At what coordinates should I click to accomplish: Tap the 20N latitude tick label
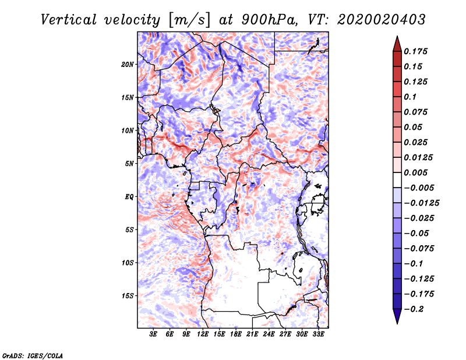128,64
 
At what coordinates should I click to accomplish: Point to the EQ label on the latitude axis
129,197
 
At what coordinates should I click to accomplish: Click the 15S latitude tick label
128,296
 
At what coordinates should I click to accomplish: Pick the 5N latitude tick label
129,164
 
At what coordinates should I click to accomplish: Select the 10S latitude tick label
128,263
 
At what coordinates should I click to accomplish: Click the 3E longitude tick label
154,334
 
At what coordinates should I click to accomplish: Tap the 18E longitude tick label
236,334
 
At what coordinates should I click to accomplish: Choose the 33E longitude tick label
318,334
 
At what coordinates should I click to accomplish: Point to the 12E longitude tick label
203,334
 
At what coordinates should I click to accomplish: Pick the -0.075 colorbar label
419,248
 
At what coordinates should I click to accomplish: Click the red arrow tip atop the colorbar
397,43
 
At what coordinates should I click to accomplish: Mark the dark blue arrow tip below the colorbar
397,317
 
